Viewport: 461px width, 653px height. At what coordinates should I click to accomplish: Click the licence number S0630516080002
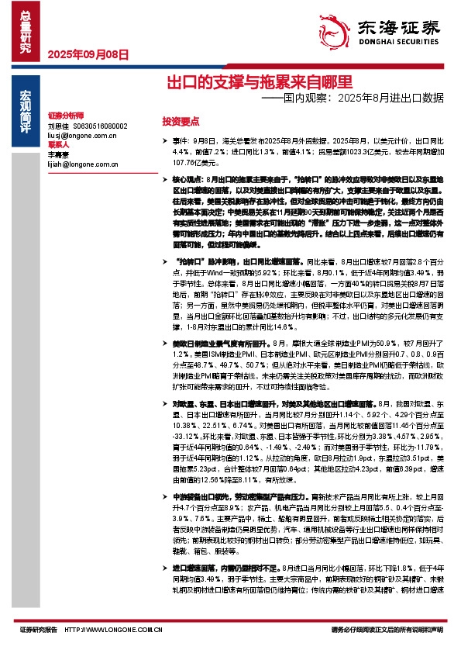(100, 125)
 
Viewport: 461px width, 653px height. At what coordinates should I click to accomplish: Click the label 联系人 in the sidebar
(59, 144)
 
